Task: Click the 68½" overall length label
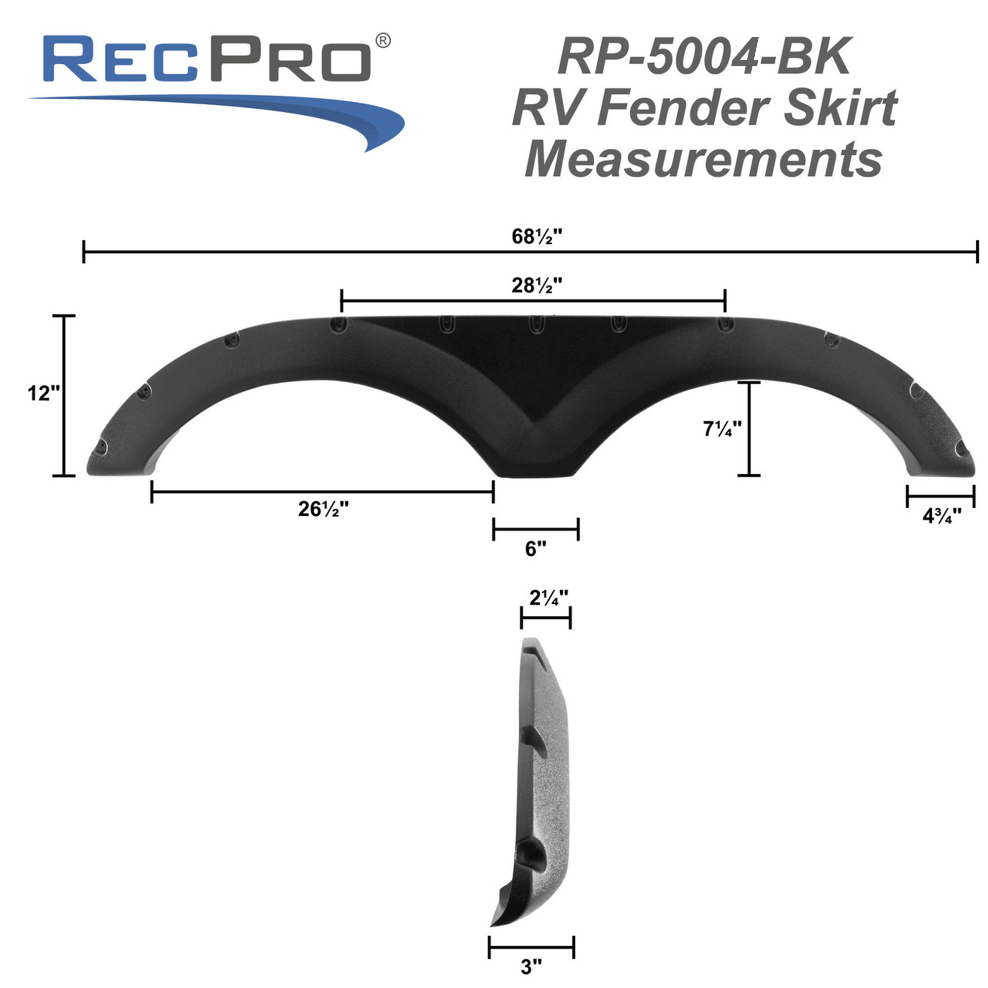536,236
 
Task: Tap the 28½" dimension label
536,285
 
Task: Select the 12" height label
43,393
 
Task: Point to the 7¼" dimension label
722,428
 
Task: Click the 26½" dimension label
323,509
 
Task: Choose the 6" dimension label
535,549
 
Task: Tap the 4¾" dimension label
942,515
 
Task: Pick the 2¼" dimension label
548,597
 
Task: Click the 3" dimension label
532,967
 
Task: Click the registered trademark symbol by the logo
383,41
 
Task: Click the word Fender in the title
685,107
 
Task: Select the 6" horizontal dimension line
535,529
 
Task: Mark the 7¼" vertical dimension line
749,428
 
